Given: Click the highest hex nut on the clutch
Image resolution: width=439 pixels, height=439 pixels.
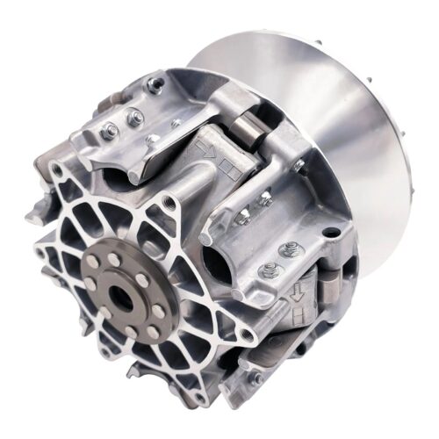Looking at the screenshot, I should [x=155, y=85].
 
